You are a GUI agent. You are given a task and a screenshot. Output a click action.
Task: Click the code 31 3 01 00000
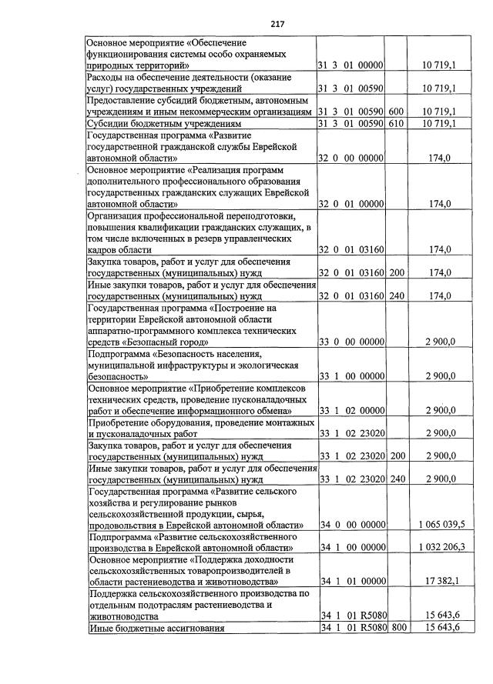pyautogui.click(x=350, y=66)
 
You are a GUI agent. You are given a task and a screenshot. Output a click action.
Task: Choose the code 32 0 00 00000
pyautogui.click(x=350, y=158)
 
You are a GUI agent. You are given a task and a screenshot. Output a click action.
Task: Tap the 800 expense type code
pyautogui.click(x=396, y=628)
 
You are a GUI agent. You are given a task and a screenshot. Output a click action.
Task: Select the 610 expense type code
pyautogui.click(x=396, y=123)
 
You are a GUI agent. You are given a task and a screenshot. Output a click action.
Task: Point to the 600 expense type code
pyautogui.click(x=396, y=112)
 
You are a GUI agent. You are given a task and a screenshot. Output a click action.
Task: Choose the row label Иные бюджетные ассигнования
pyautogui.click(x=157, y=628)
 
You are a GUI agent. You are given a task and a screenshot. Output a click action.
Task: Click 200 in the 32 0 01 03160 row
pyautogui.click(x=396, y=272)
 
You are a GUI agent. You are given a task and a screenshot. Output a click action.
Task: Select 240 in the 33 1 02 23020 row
pyautogui.click(x=396, y=479)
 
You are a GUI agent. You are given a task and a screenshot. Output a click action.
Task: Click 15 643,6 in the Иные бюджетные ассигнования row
pyautogui.click(x=440, y=628)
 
